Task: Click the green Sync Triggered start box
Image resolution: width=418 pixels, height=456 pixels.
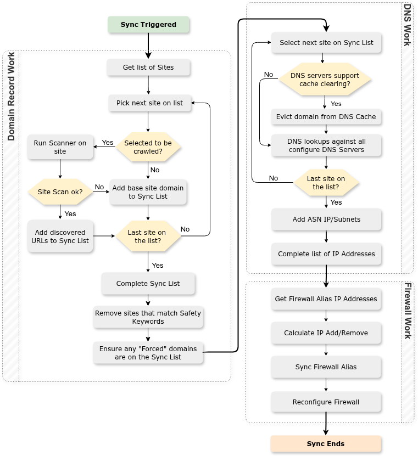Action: pyautogui.click(x=148, y=25)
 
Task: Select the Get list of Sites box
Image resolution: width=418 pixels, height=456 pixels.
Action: pyautogui.click(x=148, y=67)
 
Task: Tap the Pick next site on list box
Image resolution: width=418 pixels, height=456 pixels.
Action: pyautogui.click(x=149, y=103)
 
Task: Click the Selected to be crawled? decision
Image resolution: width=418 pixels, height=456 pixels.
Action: pyautogui.click(x=148, y=147)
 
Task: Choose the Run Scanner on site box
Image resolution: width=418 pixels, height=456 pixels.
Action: pyautogui.click(x=60, y=147)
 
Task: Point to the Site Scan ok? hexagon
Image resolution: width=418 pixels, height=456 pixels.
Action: pyautogui.click(x=60, y=192)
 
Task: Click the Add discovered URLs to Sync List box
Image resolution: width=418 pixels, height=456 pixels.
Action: pyautogui.click(x=60, y=237)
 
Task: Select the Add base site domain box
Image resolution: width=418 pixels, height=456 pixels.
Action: pyautogui.click(x=148, y=192)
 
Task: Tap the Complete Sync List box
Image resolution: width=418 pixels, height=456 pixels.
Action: pyautogui.click(x=148, y=284)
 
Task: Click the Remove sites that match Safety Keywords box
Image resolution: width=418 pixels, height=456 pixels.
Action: pyautogui.click(x=148, y=317)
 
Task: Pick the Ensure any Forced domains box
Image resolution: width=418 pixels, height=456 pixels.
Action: pyautogui.click(x=148, y=353)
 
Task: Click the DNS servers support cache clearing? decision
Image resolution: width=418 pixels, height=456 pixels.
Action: pyautogui.click(x=325, y=80)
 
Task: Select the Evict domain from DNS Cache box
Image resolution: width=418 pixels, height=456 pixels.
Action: pyautogui.click(x=326, y=117)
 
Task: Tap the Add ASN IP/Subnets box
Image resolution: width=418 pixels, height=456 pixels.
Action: pyautogui.click(x=326, y=219)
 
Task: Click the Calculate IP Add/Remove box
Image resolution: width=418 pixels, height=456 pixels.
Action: pyautogui.click(x=326, y=333)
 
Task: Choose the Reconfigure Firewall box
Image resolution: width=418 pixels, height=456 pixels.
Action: pyautogui.click(x=326, y=402)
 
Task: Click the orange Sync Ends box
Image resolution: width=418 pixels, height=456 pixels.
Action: pyautogui.click(x=326, y=444)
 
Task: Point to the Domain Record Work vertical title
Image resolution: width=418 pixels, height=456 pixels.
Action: pyautogui.click(x=11, y=97)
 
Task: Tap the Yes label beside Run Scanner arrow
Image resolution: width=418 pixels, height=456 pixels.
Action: pyautogui.click(x=108, y=143)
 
